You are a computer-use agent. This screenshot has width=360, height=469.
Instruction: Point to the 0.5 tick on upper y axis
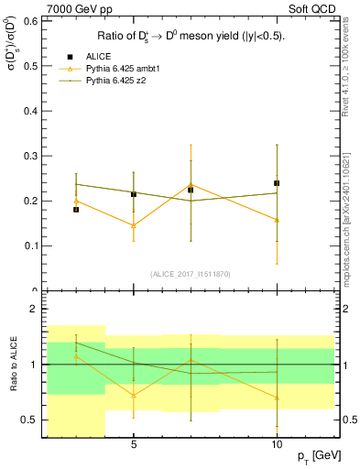[27, 111]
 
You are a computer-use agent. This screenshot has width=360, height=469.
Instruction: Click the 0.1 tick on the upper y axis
[27, 245]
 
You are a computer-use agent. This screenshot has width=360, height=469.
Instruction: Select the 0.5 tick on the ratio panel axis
[27, 420]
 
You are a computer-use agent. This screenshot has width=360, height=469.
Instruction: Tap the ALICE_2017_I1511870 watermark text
[191, 274]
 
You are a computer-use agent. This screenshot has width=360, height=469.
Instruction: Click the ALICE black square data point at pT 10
[277, 183]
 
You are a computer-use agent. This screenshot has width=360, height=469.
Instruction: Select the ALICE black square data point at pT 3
[76, 210]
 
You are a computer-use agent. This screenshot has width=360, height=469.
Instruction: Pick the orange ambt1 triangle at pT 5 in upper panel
[134, 225]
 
